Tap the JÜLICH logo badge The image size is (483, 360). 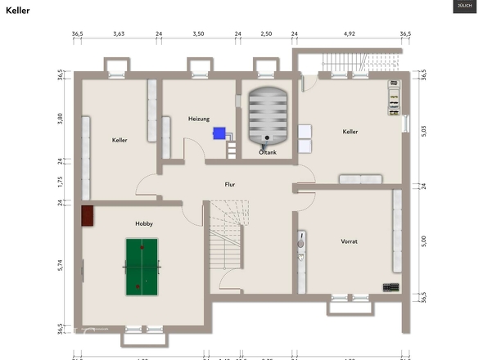(x=463, y=7)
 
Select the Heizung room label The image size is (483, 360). (x=199, y=119)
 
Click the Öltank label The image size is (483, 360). (x=268, y=152)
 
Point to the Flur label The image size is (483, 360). (x=230, y=185)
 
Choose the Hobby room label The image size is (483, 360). (x=144, y=223)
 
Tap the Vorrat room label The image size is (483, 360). (x=350, y=241)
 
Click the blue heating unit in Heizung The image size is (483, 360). (x=219, y=133)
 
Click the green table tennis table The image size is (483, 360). (x=142, y=266)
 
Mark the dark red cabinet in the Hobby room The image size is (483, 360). (x=88, y=215)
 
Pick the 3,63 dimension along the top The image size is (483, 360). (x=119, y=34)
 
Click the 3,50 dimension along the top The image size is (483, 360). (x=198, y=34)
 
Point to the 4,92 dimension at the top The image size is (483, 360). (x=350, y=34)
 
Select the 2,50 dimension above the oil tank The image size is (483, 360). (x=266, y=34)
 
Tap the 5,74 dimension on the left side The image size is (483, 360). (x=61, y=265)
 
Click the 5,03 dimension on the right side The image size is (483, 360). (x=423, y=130)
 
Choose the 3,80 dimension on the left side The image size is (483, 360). (x=61, y=118)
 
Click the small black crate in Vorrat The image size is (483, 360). (x=391, y=287)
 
